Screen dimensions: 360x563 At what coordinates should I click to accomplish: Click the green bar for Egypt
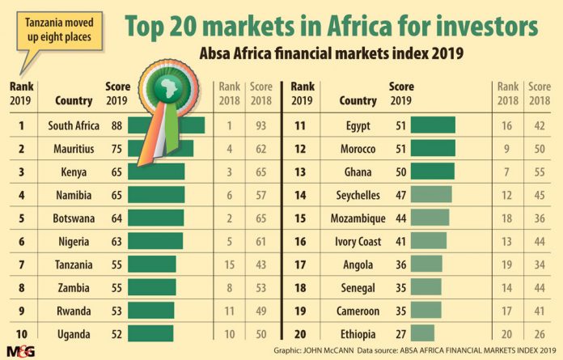point(433,125)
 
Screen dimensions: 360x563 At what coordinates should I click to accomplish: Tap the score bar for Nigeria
point(155,240)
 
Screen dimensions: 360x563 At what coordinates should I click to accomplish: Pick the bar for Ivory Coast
point(428,241)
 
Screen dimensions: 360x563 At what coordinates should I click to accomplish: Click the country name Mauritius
point(74,149)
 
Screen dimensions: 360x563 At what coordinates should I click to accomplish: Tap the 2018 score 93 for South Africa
point(260,125)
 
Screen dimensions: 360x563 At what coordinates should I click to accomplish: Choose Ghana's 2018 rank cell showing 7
point(508,172)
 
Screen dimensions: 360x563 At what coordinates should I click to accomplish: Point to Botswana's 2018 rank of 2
point(229,218)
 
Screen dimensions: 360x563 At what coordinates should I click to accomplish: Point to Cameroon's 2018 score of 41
point(539,311)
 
